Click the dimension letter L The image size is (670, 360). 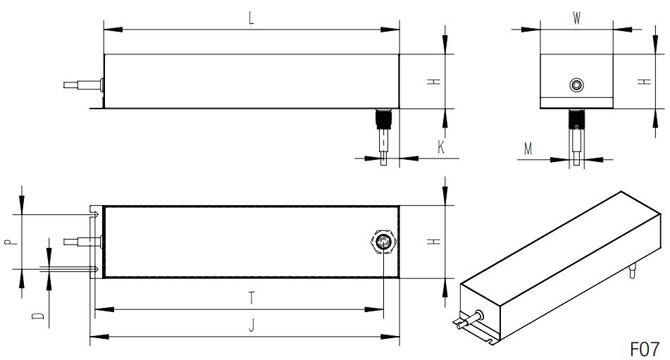[252, 19]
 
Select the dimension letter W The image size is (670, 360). [576, 19]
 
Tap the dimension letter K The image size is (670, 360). [441, 147]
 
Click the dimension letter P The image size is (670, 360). [8, 242]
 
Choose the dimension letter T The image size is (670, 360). [252, 298]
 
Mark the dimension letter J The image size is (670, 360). [252, 326]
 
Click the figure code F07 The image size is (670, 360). [643, 349]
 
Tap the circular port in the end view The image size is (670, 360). [577, 85]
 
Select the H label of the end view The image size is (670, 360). [643, 82]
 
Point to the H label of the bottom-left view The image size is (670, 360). [436, 242]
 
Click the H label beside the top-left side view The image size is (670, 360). [436, 82]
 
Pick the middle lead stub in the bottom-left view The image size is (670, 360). [79, 242]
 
